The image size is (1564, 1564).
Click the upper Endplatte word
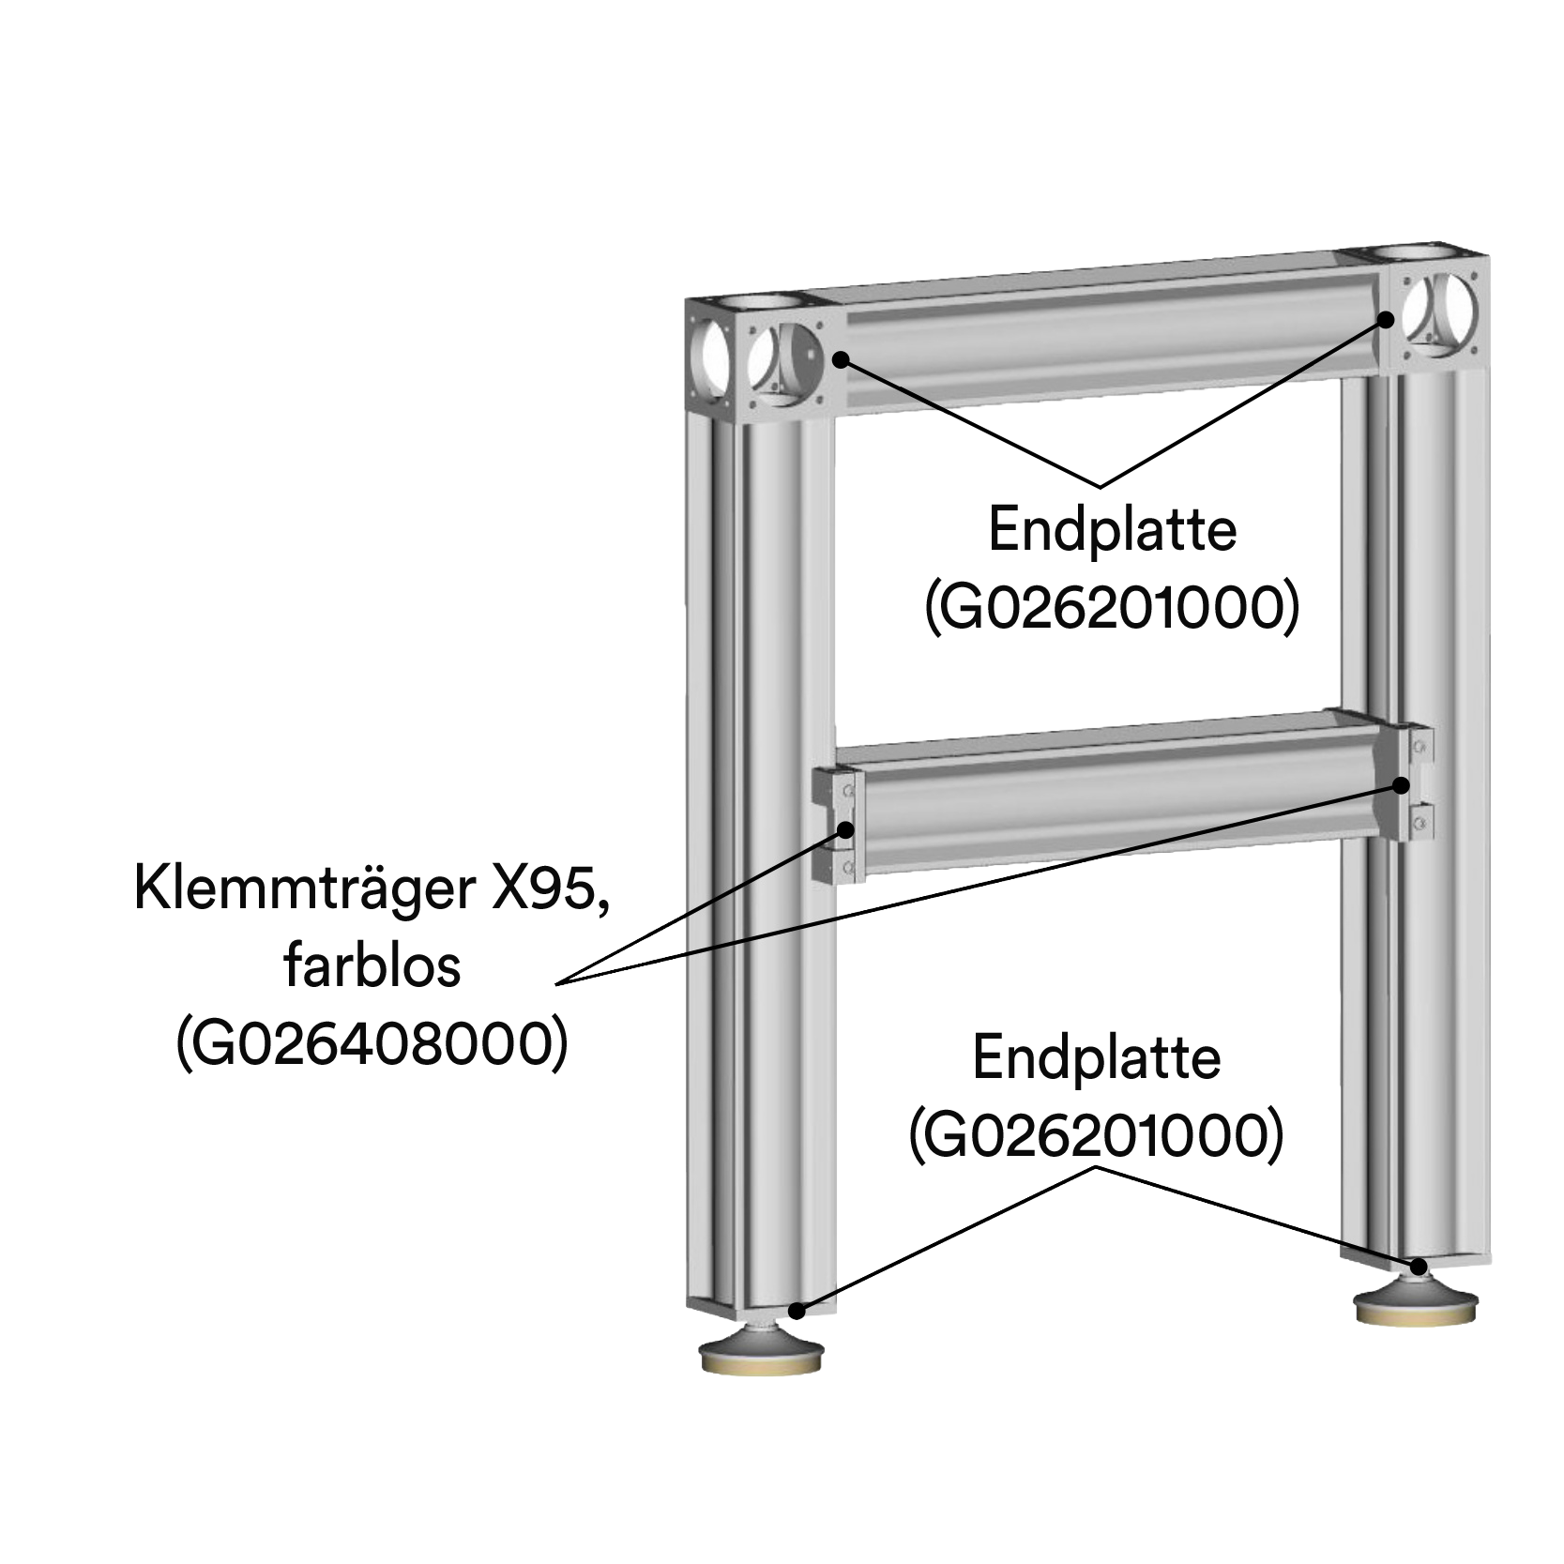click(x=1113, y=530)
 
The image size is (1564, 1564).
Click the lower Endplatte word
click(x=1096, y=1058)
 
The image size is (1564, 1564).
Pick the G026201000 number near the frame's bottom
click(x=1096, y=1136)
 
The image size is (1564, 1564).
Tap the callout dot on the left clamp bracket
click(x=846, y=829)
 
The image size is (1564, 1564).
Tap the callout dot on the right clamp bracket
click(x=1402, y=784)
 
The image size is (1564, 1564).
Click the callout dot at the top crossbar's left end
click(x=842, y=359)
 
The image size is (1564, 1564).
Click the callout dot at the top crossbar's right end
click(x=1386, y=319)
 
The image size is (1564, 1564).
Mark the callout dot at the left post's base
click(x=797, y=1310)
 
